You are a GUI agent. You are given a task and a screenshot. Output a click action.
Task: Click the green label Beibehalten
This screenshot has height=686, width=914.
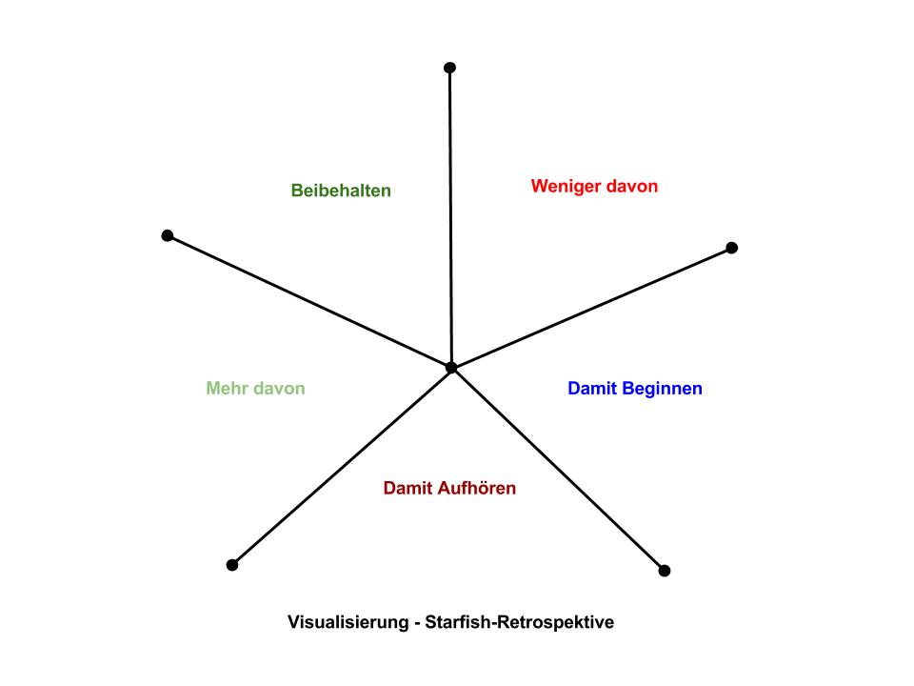[341, 191]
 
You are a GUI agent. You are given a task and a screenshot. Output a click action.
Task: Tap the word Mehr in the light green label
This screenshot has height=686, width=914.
[227, 389]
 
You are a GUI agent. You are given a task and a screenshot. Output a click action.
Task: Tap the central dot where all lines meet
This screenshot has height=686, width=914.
[451, 367]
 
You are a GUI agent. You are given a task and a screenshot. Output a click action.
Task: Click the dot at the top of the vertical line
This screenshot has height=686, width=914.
[450, 68]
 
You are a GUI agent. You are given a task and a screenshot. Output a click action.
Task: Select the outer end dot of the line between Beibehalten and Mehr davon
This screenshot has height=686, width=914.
[168, 235]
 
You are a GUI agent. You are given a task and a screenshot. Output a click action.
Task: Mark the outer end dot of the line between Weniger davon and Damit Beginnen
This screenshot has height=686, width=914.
[731, 248]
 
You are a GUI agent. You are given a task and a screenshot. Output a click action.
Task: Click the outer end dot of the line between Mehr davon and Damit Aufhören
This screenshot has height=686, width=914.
[231, 565]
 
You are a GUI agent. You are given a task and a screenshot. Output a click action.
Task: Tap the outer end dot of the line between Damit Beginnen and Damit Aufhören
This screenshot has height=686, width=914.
[665, 571]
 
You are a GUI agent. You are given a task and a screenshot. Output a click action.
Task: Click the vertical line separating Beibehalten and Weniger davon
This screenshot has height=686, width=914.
[450, 219]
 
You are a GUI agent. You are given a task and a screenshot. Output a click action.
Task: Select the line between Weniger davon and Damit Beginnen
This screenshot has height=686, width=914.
[590, 308]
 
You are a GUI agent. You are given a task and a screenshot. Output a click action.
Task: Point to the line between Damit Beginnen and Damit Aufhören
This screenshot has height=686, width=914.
[558, 469]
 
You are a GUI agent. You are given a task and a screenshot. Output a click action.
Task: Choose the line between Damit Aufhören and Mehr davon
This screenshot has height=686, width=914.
[341, 466]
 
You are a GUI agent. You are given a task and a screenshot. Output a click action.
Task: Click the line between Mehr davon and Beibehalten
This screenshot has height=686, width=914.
[309, 301]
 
